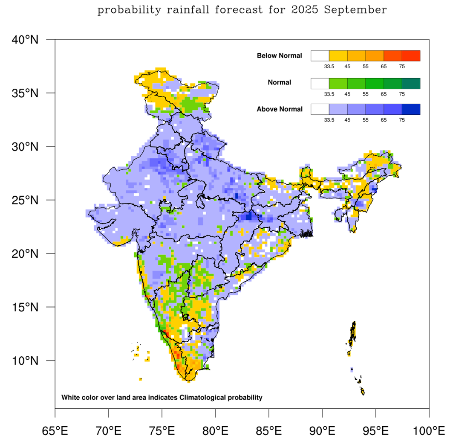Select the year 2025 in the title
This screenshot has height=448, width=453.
[x=306, y=10]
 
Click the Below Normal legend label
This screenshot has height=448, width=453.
[x=280, y=56]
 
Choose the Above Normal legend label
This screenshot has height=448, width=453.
[x=280, y=109]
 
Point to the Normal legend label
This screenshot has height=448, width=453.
[x=280, y=82]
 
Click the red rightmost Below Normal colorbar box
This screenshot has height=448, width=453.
[x=411, y=56]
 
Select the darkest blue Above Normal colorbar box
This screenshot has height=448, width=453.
[x=411, y=109]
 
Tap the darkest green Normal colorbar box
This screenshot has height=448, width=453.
[x=411, y=83]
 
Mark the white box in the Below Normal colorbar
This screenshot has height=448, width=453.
[x=320, y=56]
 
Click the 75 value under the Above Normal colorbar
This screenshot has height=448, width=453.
[x=402, y=120]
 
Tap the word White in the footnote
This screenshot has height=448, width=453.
[x=70, y=398]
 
